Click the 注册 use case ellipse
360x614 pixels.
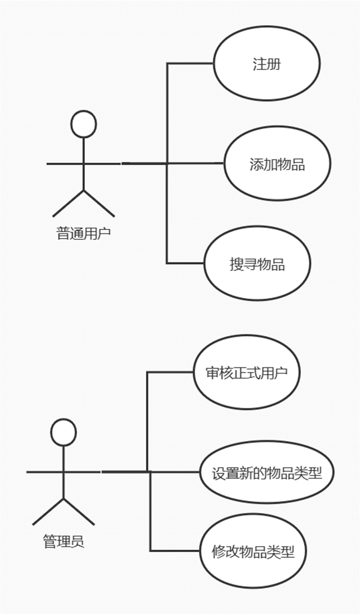[x=267, y=64]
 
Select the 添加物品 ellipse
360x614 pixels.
[x=277, y=164]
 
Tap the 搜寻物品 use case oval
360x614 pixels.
[x=257, y=264]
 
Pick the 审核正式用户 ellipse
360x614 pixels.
[x=246, y=373]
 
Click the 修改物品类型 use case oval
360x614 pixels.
[x=253, y=552]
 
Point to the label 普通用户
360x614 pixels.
[x=84, y=233]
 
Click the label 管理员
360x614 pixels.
[x=64, y=542]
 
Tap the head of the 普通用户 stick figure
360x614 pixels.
[x=83, y=124]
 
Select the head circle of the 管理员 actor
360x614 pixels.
[x=64, y=432]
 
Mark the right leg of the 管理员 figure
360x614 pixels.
[x=79, y=512]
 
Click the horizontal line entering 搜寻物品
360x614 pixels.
[x=185, y=263]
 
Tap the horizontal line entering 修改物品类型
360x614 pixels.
[x=175, y=550]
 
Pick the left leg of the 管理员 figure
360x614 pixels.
[x=49, y=512]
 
